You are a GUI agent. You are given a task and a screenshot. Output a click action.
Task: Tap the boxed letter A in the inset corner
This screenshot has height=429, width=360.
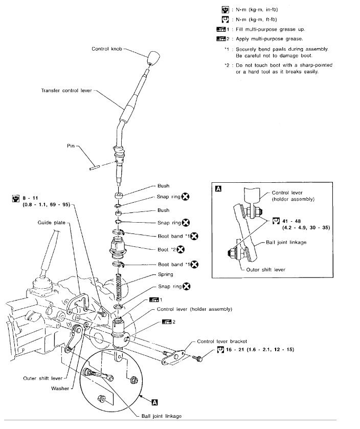tap(219, 189)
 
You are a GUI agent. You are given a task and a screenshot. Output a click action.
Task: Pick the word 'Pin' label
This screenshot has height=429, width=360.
tap(71, 146)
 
